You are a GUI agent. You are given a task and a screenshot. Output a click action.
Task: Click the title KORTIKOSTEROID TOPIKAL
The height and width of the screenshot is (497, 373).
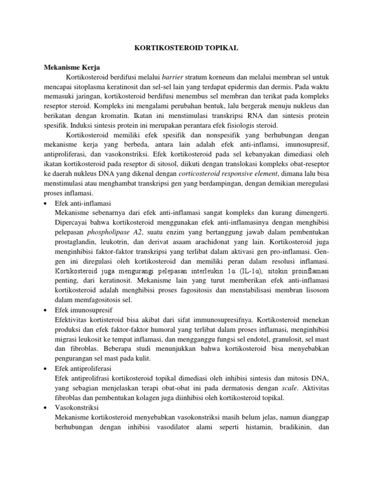coord(186,49)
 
